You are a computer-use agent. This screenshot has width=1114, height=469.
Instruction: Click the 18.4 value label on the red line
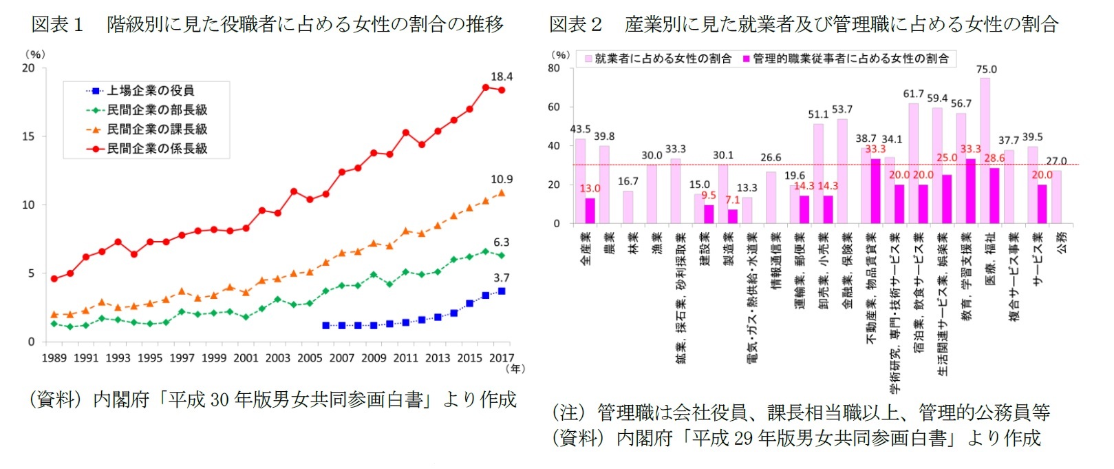(x=501, y=76)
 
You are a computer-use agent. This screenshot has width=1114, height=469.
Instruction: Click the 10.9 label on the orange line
(x=501, y=179)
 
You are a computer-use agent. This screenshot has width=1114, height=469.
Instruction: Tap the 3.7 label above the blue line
(x=501, y=278)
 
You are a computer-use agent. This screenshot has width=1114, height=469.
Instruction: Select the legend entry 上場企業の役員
(x=150, y=90)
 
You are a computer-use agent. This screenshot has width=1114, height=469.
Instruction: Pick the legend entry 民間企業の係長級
(x=157, y=148)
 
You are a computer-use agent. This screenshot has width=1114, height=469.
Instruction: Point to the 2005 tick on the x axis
(x=310, y=357)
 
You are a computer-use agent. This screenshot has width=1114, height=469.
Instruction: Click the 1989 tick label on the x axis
(x=54, y=357)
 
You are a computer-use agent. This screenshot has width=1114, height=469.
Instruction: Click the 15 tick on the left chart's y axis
(x=28, y=136)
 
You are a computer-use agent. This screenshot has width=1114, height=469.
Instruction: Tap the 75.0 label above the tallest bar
(x=986, y=70)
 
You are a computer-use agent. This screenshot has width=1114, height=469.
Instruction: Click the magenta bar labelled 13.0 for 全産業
(x=590, y=211)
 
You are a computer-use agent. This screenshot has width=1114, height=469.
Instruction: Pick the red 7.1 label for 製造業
(x=732, y=200)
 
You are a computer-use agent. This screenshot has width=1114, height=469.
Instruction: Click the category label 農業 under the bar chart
(x=609, y=243)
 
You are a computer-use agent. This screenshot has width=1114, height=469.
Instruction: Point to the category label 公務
(x=1062, y=242)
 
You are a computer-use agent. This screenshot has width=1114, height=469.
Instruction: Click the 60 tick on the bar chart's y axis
(x=554, y=107)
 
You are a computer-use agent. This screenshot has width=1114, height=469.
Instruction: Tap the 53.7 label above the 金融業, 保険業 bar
(x=842, y=110)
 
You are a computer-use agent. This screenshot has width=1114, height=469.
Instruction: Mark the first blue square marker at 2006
(x=326, y=325)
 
